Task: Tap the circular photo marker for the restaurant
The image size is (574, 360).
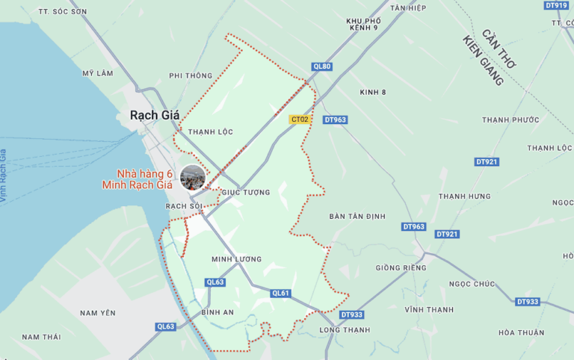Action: [193, 178]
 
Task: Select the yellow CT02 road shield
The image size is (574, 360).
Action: [300, 119]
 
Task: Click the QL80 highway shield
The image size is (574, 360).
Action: [322, 66]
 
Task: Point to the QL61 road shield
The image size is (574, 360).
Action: [280, 294]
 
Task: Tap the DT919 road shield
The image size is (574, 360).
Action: [556, 5]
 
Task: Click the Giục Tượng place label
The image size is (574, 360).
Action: [246, 193]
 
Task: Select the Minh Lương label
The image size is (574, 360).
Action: [236, 259]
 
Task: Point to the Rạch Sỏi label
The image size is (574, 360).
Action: [184, 205]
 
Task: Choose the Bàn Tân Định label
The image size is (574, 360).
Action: [357, 217]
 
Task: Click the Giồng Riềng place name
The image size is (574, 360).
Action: [401, 267]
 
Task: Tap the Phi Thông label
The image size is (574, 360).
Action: [191, 75]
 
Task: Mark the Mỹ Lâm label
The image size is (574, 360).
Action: [97, 73]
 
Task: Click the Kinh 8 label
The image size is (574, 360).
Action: [372, 93]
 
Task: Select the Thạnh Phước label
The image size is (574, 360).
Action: [510, 120]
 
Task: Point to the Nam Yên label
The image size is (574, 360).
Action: [98, 313]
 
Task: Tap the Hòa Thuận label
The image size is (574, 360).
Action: [521, 333]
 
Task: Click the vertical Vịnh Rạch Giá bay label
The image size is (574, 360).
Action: [4, 176]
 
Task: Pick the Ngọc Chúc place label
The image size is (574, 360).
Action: [472, 284]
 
